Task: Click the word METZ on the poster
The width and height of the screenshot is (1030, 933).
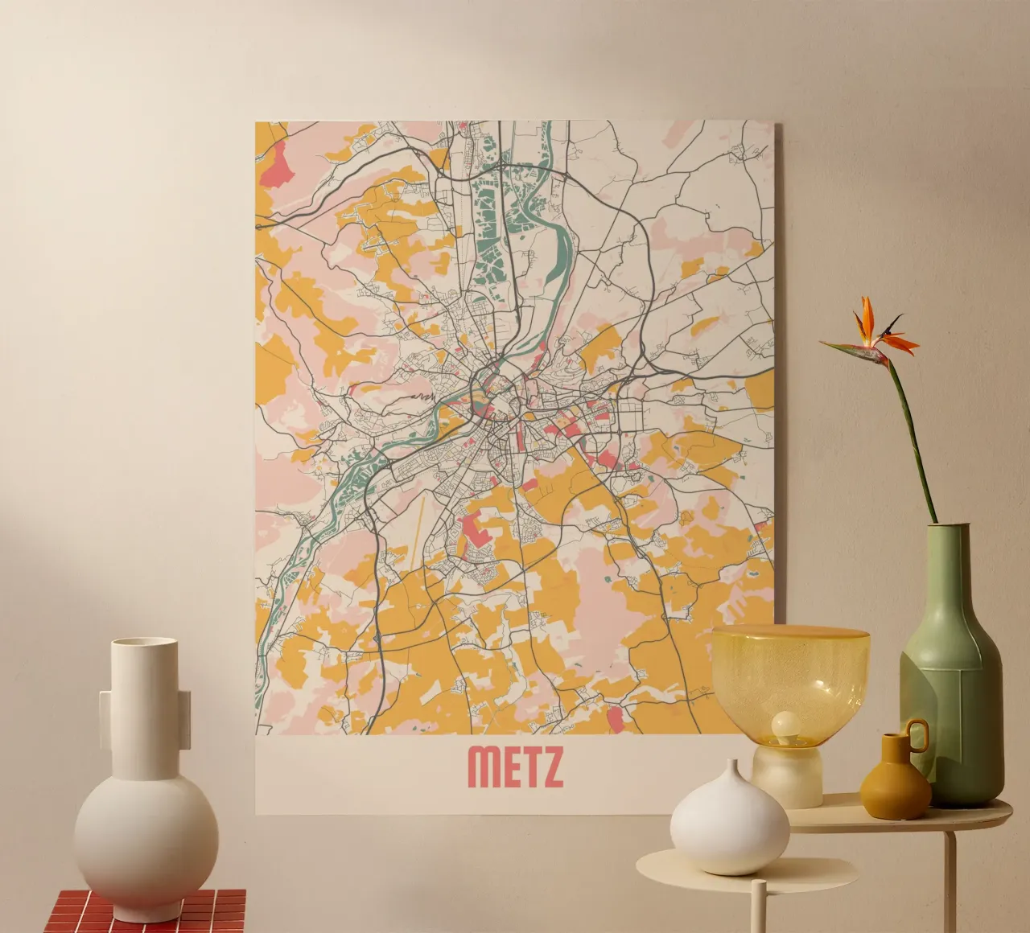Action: point(515,767)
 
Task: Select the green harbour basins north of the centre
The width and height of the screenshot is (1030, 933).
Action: point(487,225)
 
